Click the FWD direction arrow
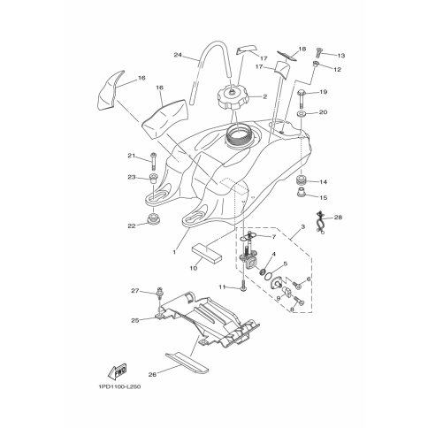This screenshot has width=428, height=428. (118, 371)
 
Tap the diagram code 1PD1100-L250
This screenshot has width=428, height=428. (118, 386)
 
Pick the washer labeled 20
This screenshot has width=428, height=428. (302, 114)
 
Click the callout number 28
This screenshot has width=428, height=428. (338, 218)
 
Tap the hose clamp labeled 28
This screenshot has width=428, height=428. (320, 223)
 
